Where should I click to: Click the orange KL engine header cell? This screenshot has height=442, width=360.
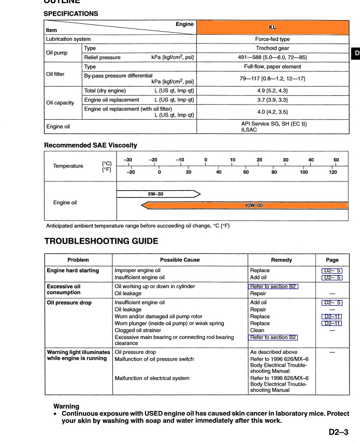(272, 27)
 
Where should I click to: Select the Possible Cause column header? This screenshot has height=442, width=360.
(179, 260)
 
